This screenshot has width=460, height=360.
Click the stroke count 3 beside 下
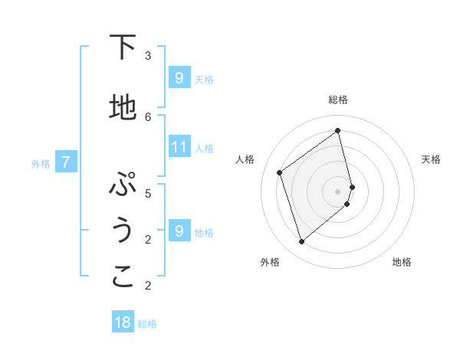tap(148, 55)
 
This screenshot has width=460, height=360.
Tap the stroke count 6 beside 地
tap(148, 116)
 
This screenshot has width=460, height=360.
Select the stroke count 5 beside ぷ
tap(148, 193)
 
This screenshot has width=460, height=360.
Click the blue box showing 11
tap(179, 146)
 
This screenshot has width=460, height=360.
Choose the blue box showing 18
tap(123, 322)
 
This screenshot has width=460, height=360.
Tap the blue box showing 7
tap(67, 162)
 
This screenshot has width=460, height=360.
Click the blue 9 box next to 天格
tap(179, 77)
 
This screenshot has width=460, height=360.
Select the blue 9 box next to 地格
tap(179, 231)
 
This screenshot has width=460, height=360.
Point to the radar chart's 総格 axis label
tap(338, 100)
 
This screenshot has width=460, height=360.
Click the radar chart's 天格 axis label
tap(431, 159)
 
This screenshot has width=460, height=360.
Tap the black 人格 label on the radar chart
tap(245, 159)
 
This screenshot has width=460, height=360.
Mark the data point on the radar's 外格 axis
tap(301, 242)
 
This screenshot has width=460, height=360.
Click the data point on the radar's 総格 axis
tap(338, 130)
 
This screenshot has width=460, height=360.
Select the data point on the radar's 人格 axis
tap(280, 172)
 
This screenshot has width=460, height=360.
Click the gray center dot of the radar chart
tap(338, 191)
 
